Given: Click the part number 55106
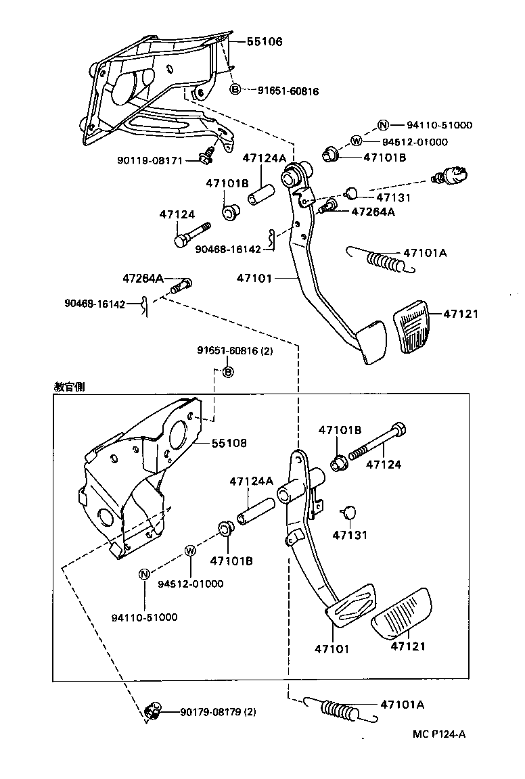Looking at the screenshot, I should pyautogui.click(x=263, y=42).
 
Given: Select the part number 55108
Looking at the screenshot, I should pyautogui.click(x=229, y=443).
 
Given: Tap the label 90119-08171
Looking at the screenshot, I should pyautogui.click(x=150, y=160).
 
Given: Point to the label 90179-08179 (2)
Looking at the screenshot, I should pyautogui.click(x=218, y=711).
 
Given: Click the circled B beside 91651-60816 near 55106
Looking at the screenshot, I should pyautogui.click(x=235, y=90).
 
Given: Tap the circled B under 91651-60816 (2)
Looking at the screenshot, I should pyautogui.click(x=228, y=372).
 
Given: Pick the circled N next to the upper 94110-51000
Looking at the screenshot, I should pyautogui.click(x=383, y=124).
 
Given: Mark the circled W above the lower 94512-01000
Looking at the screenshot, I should pyautogui.click(x=190, y=550).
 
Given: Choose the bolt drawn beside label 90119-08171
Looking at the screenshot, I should pyautogui.click(x=207, y=157).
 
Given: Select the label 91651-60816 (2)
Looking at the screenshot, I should pyautogui.click(x=235, y=350).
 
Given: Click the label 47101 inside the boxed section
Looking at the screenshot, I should pyautogui.click(x=332, y=649).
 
